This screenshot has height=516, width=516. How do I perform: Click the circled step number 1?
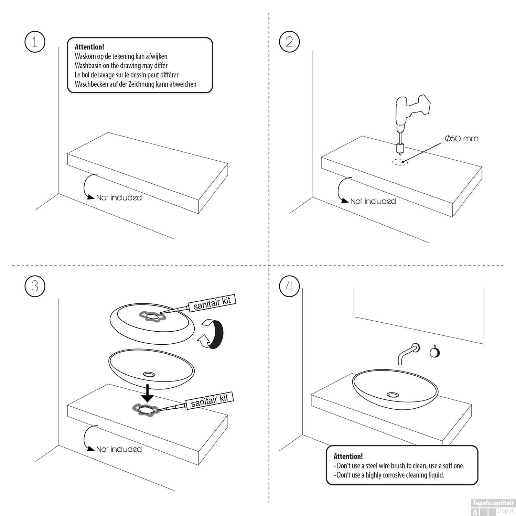pos(35,42)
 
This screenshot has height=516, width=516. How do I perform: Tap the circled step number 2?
pos(289,42)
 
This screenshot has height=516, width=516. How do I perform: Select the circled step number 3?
pos(35,286)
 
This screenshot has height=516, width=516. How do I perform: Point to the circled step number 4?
pos(289,286)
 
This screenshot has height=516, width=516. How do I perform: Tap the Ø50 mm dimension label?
pos(461,139)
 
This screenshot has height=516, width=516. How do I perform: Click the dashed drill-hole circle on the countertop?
pos(400,162)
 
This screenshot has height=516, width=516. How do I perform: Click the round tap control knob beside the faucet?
pos(435,352)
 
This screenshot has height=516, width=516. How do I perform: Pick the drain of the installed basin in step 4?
pos(393,395)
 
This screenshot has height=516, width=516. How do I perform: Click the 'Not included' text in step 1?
pos(119,198)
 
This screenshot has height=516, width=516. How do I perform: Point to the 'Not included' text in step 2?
pos(373,201)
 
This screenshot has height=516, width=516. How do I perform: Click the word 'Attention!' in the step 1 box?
pos(89,47)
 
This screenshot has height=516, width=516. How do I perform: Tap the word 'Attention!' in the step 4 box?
pos(348,456)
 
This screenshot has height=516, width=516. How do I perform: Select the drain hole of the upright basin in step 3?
pos(150,374)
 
